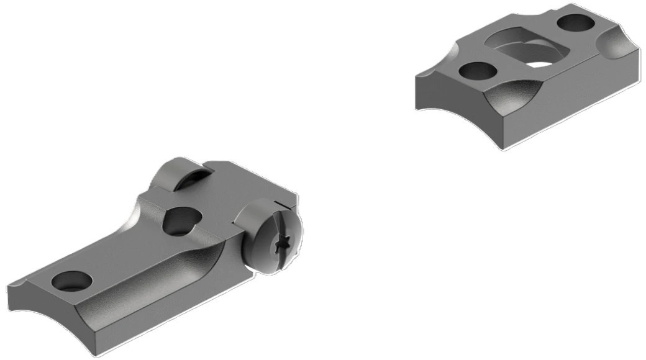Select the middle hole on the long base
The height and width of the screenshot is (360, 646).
[x=181, y=221]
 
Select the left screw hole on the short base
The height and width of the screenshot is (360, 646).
[x=478, y=71]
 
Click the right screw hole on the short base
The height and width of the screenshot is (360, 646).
[x=575, y=23]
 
